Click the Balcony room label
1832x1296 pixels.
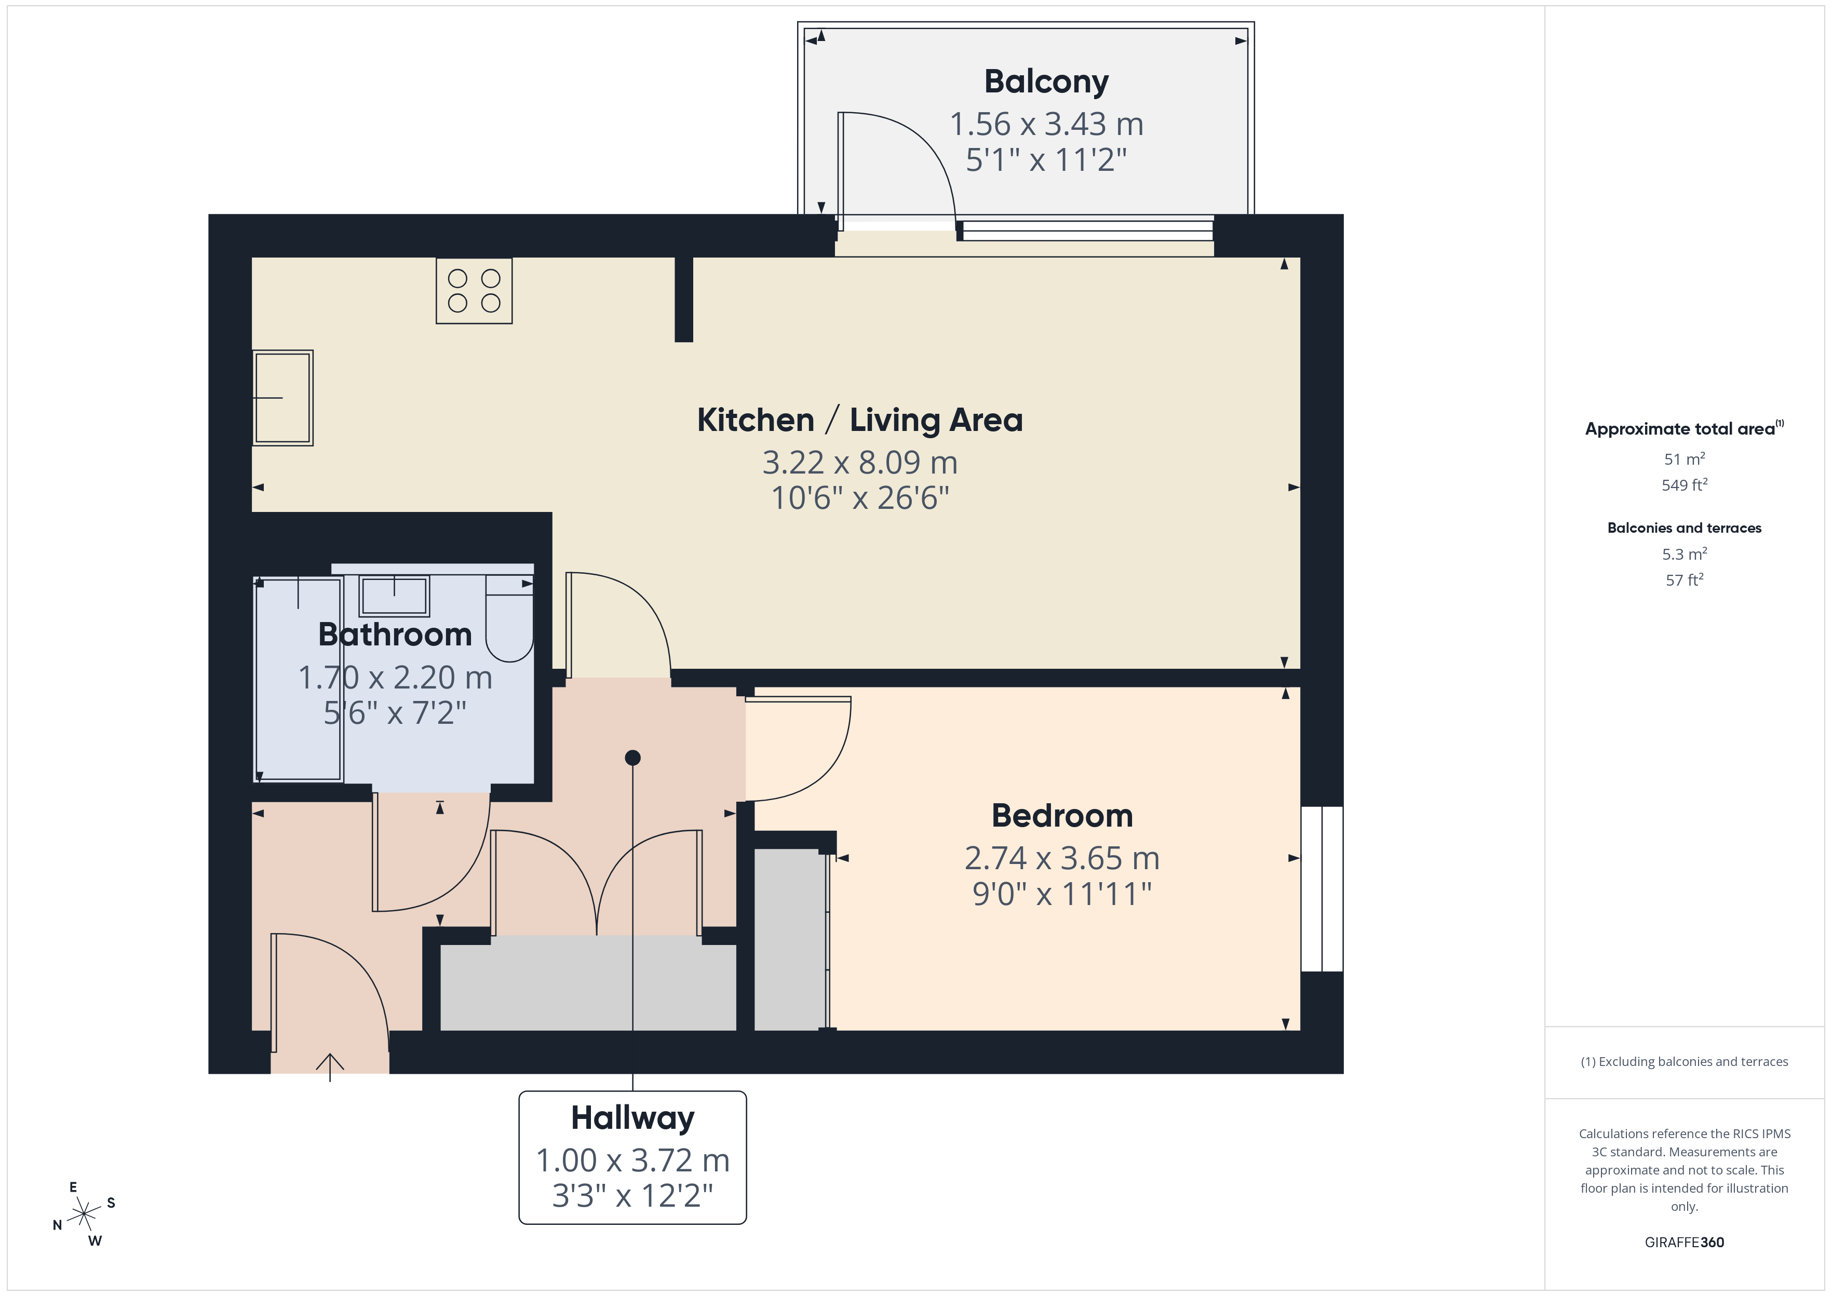pos(1046,82)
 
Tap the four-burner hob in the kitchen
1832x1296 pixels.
pos(474,291)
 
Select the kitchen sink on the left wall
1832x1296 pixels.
pos(282,397)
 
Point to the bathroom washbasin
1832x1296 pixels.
pos(394,596)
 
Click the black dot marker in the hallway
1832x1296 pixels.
pos(633,758)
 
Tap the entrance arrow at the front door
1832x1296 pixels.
pos(330,1064)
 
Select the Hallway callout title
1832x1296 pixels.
pos(633,1117)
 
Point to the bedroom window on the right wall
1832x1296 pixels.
pos(1322,889)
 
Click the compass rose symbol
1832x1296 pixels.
pos(84,1214)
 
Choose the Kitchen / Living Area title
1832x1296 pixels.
pos(859,420)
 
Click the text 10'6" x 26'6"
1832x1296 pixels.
pos(859,498)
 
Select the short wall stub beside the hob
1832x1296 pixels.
pos(684,299)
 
